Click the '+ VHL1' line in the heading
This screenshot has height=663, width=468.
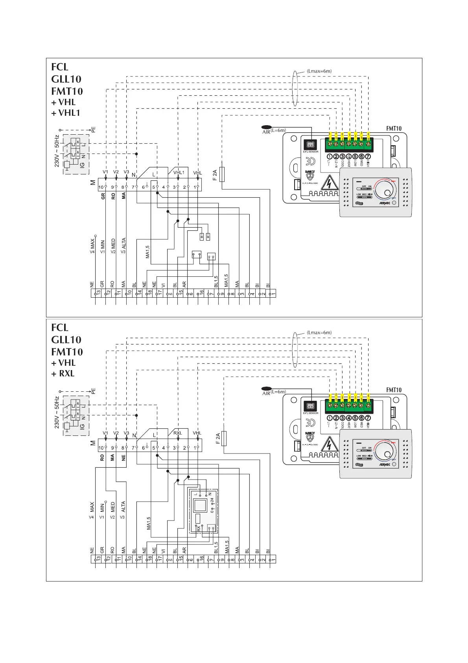66,113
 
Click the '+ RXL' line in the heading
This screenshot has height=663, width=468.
63,374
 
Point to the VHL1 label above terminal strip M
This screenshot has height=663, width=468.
179,172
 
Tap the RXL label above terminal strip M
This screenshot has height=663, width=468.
178,433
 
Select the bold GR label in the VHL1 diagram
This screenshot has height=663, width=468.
103,196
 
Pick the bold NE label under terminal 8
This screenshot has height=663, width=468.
123,457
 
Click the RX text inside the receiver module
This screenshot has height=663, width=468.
199,529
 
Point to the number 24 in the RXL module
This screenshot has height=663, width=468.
212,501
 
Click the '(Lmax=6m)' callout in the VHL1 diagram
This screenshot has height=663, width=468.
319,71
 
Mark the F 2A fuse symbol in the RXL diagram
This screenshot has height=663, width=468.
224,438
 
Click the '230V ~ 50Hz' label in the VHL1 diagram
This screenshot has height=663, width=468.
57,151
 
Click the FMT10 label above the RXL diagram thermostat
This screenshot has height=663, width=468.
394,390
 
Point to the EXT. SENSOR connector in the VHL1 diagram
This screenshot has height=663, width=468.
310,145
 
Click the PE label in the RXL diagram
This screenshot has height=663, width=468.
94,391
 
